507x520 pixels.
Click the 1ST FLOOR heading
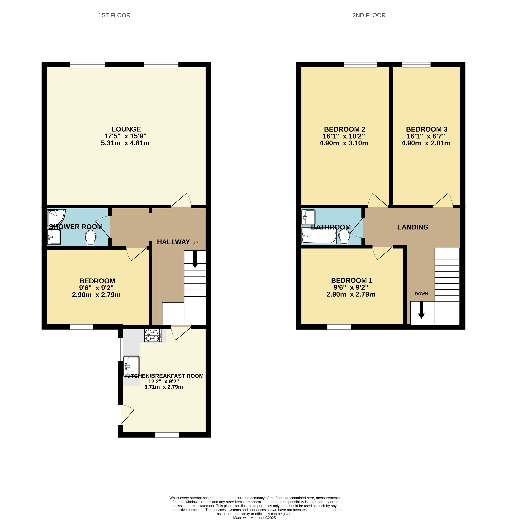tap(114, 15)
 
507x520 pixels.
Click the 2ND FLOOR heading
tap(369, 15)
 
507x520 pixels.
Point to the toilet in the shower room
tap(90, 238)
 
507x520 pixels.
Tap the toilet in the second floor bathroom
tap(344, 236)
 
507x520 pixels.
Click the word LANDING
tap(413, 227)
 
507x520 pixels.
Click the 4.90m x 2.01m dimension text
tap(426, 143)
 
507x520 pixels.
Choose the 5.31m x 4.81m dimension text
tap(125, 143)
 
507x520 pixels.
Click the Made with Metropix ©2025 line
tap(254, 518)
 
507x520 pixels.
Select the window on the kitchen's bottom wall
tap(167, 435)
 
